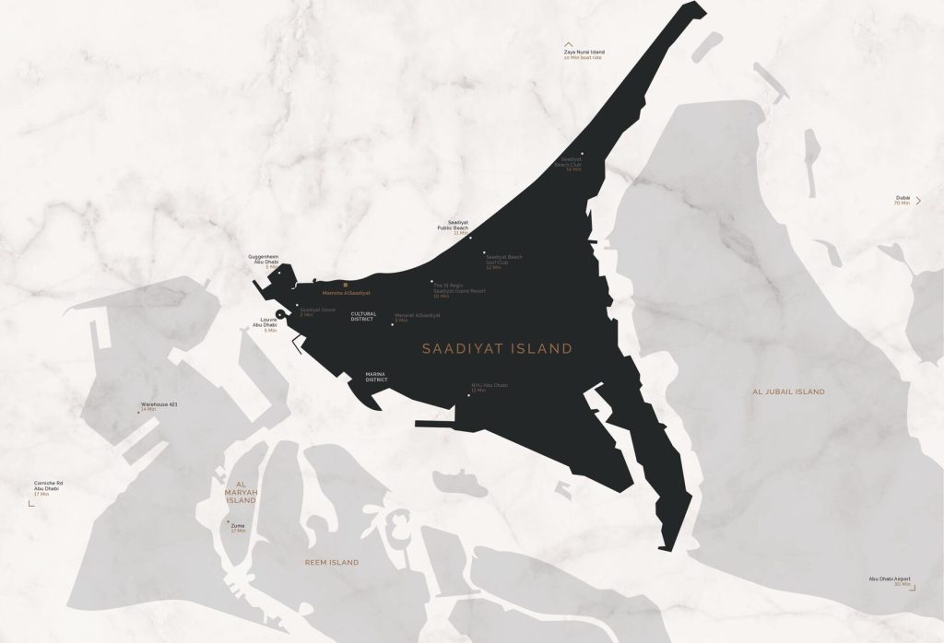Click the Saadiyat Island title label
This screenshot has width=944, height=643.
(x=497, y=349)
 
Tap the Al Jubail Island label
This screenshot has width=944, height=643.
(x=788, y=392)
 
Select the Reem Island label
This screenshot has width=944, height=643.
(x=332, y=562)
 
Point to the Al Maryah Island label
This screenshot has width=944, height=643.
(x=240, y=492)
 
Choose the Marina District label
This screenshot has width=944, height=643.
(x=375, y=377)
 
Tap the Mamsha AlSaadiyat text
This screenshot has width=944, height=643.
(x=347, y=293)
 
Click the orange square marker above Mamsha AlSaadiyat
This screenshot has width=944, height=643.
(x=345, y=286)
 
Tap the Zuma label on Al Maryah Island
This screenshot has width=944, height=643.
(x=238, y=527)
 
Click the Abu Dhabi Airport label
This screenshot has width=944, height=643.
(x=889, y=580)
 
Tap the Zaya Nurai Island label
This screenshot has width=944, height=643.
(x=584, y=54)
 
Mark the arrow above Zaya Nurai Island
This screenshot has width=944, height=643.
(x=569, y=43)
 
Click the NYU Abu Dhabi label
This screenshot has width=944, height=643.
(x=489, y=387)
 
